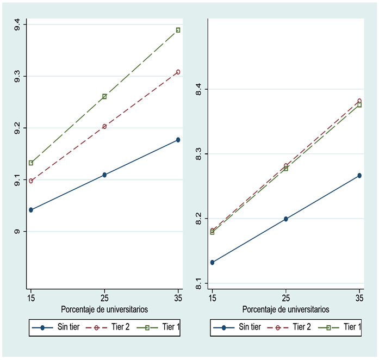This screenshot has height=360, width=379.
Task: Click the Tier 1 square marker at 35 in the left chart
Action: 178,30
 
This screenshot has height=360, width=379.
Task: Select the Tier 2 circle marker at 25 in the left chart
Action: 104,127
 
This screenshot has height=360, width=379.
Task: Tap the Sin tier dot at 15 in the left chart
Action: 31,210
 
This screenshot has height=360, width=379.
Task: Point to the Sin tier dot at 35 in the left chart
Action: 178,140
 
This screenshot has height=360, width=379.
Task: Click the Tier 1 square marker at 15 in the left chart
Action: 31,163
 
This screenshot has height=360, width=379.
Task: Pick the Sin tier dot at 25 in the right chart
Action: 285,219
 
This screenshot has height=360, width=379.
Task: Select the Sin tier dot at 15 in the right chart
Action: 212,263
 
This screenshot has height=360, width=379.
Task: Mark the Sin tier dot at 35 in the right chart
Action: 359,176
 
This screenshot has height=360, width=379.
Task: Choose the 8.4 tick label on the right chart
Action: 198,89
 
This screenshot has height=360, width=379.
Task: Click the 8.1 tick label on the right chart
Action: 198,284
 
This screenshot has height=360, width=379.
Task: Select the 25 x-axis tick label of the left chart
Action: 104,299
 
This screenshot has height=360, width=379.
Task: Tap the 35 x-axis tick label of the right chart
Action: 359,299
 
